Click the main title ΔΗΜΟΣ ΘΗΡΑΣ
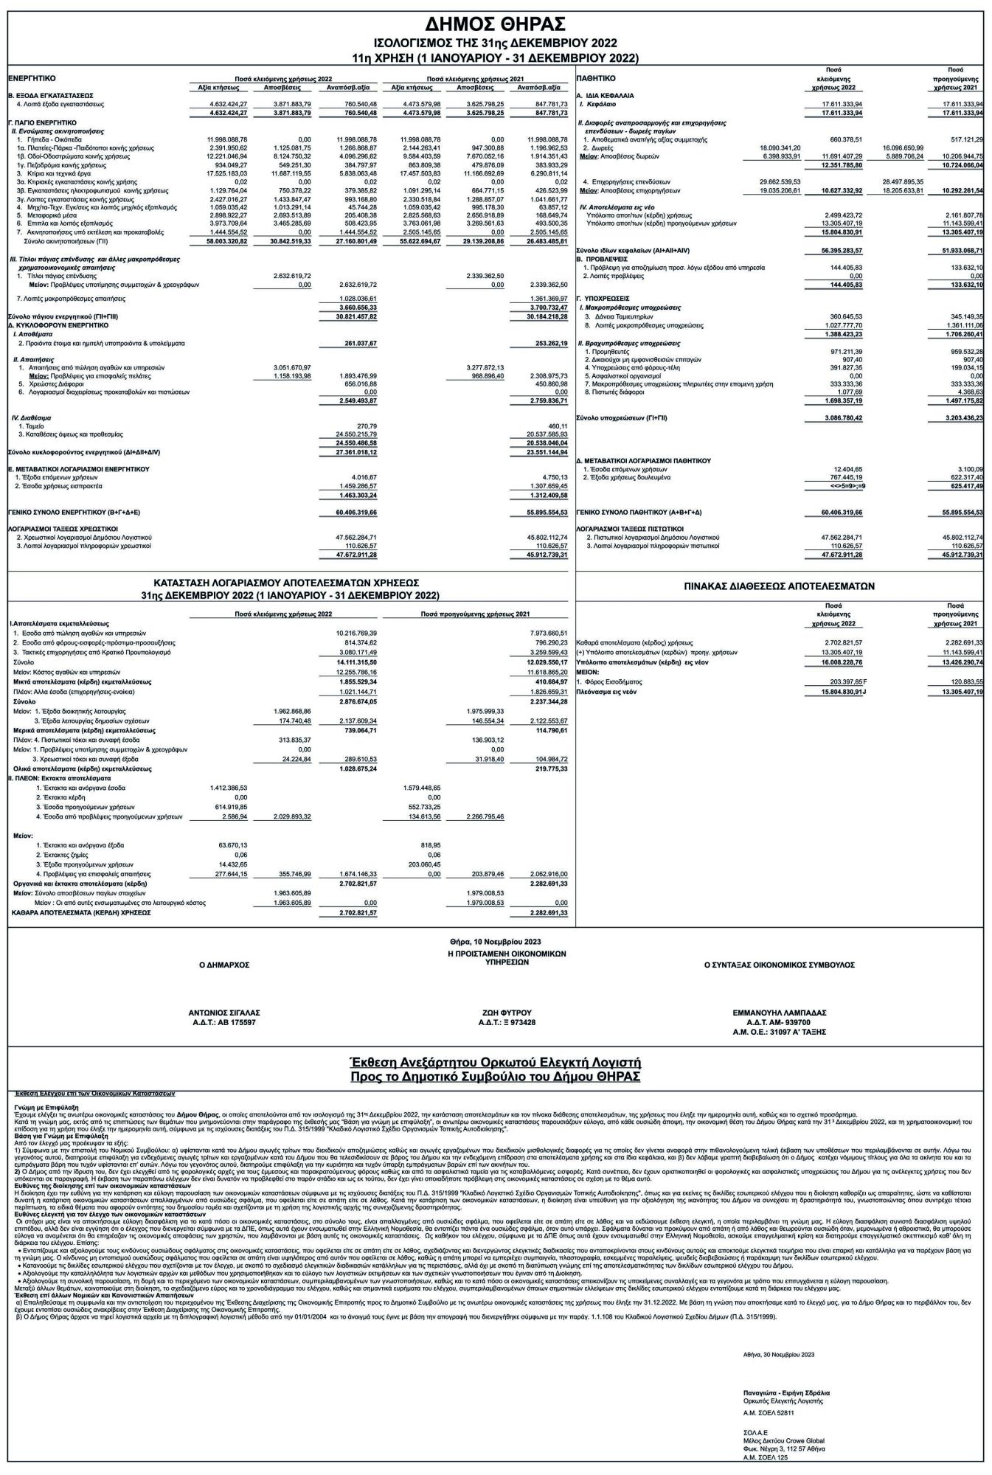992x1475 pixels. click(x=496, y=23)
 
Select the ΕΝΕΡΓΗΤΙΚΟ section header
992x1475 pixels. click(x=32, y=77)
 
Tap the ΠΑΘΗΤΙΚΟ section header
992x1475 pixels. click(x=596, y=77)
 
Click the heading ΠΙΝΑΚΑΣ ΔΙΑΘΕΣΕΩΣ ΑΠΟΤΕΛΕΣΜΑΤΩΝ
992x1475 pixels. click(x=780, y=587)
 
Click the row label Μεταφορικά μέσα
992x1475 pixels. click(x=43, y=215)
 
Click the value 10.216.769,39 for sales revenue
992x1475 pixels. click(x=356, y=633)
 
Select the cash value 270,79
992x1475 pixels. click(x=367, y=426)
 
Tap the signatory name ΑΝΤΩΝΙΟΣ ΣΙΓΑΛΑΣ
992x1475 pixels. click(x=224, y=1013)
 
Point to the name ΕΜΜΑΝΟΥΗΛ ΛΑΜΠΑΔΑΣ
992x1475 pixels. click(x=779, y=1013)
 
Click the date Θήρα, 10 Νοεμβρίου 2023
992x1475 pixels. click(x=495, y=942)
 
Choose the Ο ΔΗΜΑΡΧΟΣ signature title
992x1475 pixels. click(x=224, y=964)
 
